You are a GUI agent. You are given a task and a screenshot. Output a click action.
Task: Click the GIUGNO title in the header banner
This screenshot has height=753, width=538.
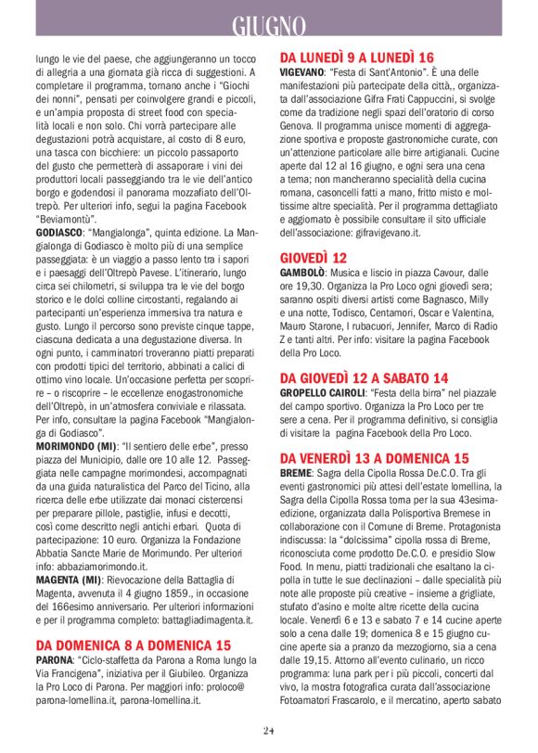[x=268, y=26]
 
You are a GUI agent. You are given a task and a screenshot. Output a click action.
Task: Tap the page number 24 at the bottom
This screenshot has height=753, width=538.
[x=268, y=731]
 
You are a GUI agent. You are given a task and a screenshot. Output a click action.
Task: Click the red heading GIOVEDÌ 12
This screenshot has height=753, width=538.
[x=314, y=258]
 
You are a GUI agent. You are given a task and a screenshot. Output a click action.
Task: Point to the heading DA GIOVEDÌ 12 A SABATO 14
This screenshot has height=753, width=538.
[x=364, y=377]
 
